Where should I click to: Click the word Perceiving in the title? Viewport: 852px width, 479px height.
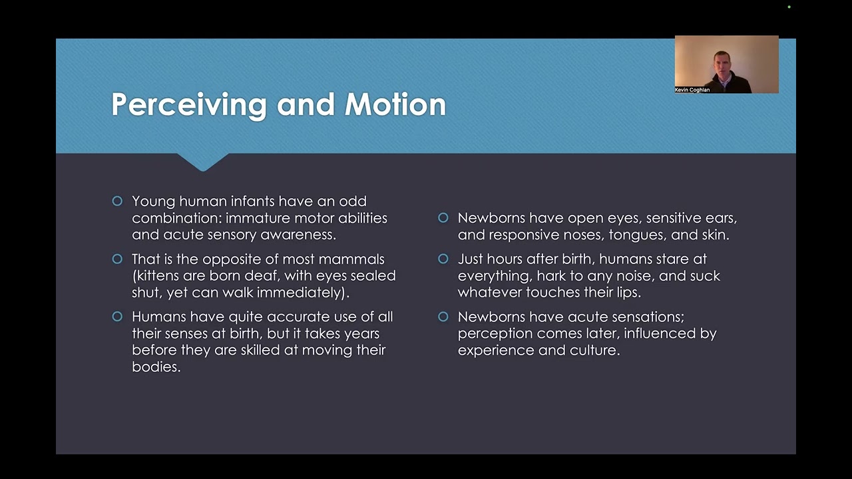click(x=189, y=105)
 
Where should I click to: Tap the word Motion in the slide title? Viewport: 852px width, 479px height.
click(x=395, y=104)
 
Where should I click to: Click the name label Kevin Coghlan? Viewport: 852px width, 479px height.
click(x=692, y=90)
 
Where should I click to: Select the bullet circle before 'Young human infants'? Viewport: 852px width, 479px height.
click(x=118, y=201)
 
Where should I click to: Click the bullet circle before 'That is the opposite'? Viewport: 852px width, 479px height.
click(x=118, y=259)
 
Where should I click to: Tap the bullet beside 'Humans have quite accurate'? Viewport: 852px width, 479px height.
click(x=118, y=316)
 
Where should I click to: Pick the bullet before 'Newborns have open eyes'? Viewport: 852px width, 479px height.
click(x=443, y=218)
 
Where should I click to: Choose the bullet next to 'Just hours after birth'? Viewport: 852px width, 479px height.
click(x=443, y=259)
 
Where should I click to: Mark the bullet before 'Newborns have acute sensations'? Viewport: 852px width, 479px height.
click(x=443, y=316)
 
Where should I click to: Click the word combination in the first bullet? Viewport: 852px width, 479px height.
click(x=176, y=218)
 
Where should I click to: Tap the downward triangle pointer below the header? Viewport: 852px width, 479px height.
click(x=203, y=162)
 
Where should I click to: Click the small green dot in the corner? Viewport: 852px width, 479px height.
click(x=789, y=7)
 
